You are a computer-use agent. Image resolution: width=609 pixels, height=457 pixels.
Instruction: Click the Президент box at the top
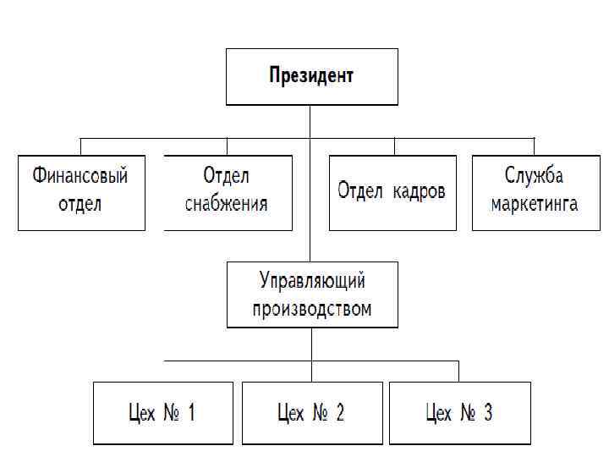click(311, 76)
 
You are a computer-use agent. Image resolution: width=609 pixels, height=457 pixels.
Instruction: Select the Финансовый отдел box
click(80, 192)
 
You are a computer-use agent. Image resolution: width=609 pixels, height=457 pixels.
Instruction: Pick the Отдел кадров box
click(392, 192)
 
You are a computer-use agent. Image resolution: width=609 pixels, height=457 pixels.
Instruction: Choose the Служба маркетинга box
click(535, 192)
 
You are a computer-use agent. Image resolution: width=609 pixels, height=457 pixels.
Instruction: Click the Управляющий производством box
click(311, 294)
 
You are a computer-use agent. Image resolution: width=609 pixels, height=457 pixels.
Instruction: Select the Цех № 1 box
click(162, 413)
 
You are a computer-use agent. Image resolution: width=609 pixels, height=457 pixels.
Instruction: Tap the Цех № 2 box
click(311, 413)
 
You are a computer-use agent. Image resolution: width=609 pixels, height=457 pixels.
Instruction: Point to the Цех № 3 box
click(459, 413)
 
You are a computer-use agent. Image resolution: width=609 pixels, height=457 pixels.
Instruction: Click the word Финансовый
click(80, 177)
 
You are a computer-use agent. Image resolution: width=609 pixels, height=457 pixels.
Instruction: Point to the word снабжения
click(226, 204)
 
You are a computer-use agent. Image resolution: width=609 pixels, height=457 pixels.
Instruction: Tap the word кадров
click(420, 190)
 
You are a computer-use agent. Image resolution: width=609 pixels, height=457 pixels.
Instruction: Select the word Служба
click(534, 177)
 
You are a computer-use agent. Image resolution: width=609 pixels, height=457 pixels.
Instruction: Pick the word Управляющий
click(312, 279)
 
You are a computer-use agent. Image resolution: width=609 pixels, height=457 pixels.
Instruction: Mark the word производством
click(312, 308)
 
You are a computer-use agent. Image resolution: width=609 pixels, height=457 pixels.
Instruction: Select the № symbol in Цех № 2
click(319, 413)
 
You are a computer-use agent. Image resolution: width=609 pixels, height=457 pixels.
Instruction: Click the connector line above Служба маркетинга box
click(534, 146)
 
